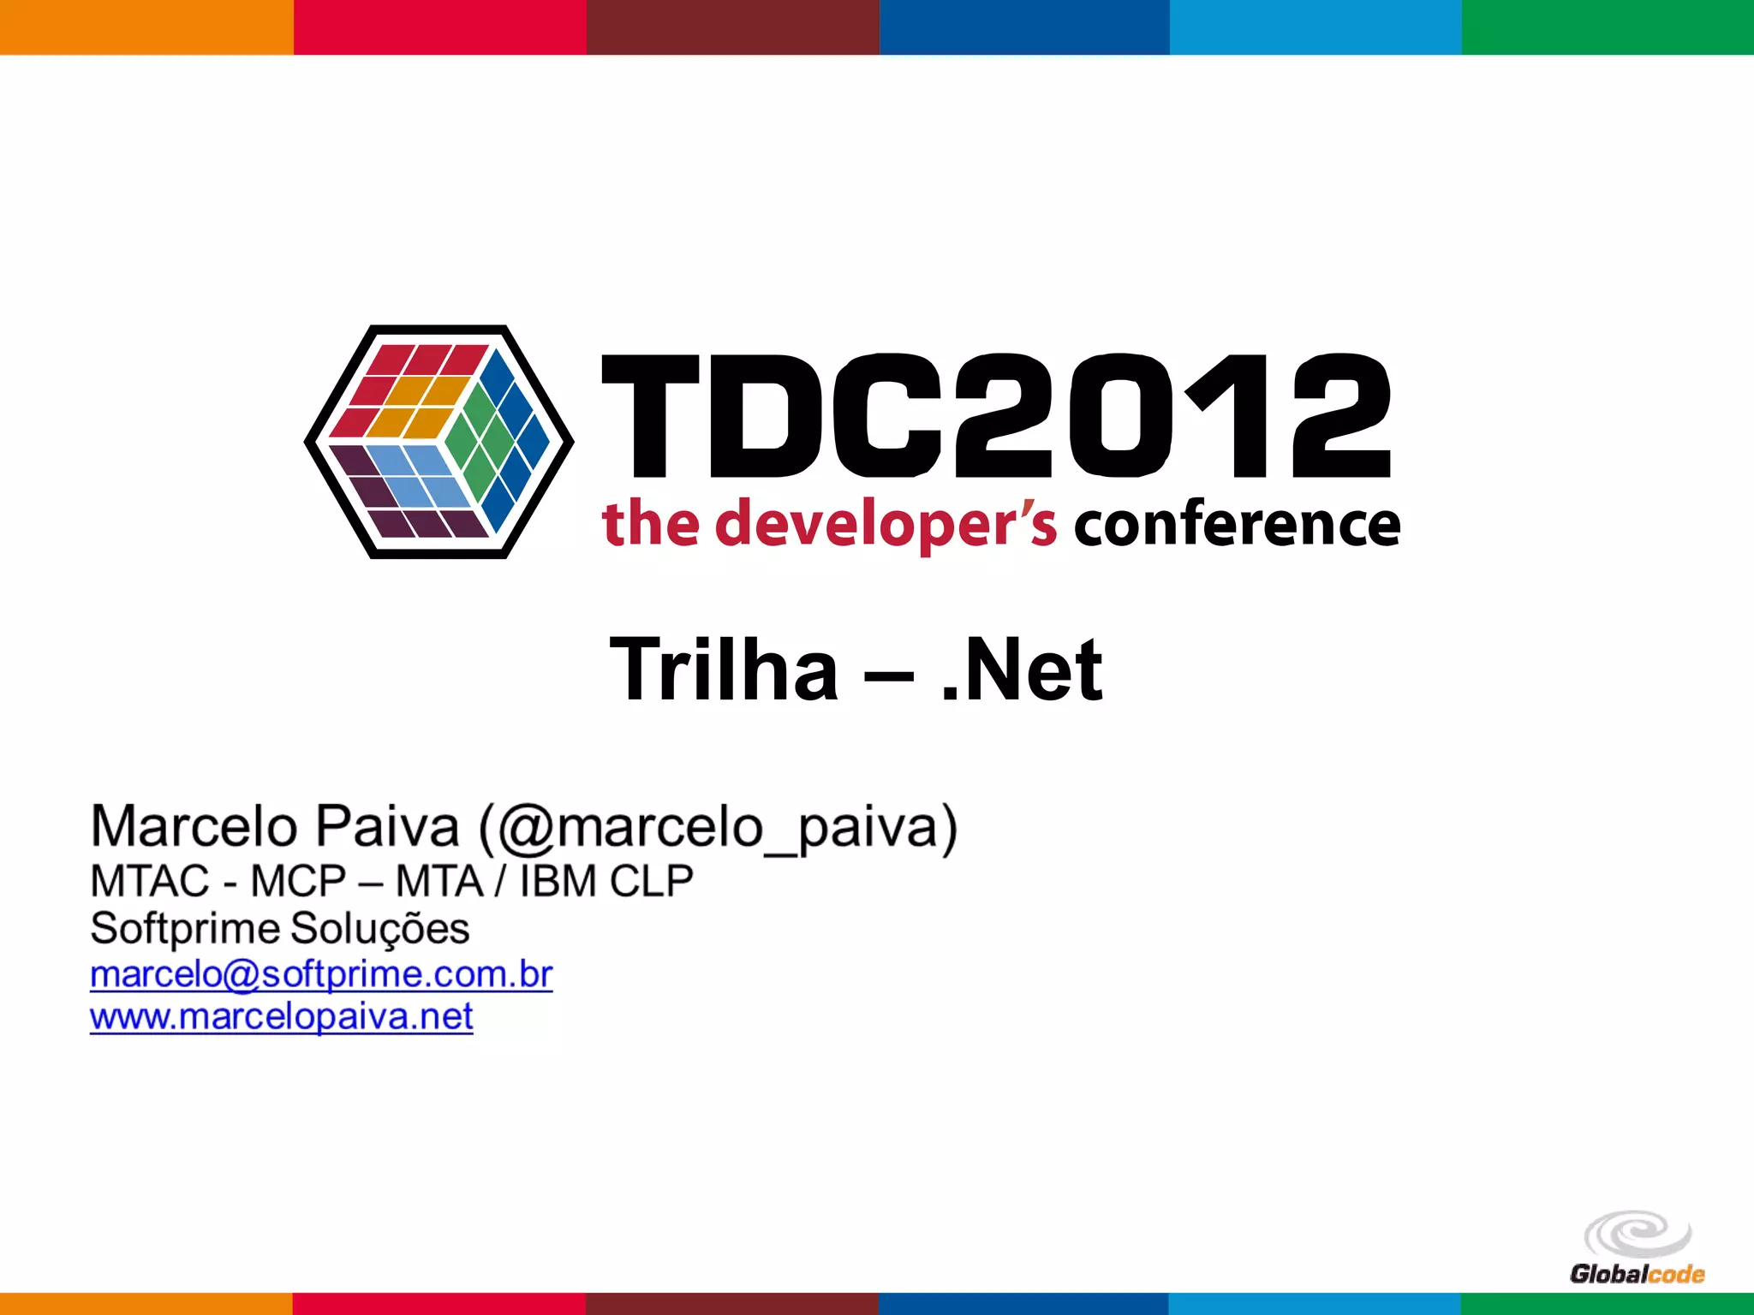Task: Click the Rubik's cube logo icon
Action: [x=438, y=442]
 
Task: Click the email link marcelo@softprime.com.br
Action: [x=321, y=974]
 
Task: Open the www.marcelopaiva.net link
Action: [x=281, y=1017]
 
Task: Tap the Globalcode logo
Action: [x=1637, y=1248]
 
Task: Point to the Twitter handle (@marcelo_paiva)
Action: [x=718, y=827]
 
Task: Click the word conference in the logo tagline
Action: [x=1237, y=524]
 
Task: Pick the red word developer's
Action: [x=886, y=524]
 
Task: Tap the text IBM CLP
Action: [x=606, y=881]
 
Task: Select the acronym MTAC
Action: [x=150, y=881]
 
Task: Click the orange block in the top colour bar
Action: [x=146, y=27]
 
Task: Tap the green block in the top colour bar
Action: [x=1608, y=27]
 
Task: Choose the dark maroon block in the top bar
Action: [x=732, y=27]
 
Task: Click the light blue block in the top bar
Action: [x=1315, y=27]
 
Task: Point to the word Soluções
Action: [x=379, y=928]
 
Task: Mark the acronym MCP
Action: [x=298, y=881]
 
